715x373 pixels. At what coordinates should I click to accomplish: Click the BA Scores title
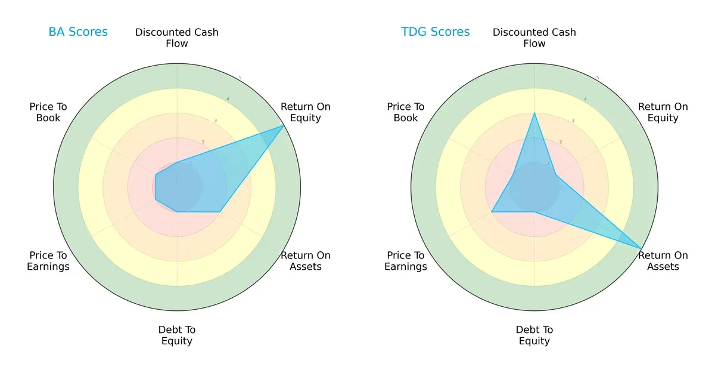[78, 32]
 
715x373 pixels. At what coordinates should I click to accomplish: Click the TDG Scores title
[436, 32]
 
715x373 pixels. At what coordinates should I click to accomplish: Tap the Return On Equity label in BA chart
[306, 112]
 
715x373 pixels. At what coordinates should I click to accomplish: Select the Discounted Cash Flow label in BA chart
[177, 38]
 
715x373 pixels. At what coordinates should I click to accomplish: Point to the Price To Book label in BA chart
[48, 112]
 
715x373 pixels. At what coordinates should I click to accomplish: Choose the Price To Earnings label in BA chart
[48, 261]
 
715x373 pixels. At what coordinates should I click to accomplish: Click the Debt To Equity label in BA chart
[177, 335]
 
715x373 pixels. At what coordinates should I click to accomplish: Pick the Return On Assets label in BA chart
[306, 261]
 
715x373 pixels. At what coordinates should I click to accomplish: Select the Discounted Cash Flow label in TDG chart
[534, 38]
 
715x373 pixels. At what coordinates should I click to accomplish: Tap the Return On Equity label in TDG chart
[663, 112]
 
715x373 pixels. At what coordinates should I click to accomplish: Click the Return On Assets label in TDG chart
[663, 261]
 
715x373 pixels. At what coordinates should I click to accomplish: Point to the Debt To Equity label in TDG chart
[534, 335]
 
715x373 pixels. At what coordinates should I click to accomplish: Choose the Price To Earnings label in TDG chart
[406, 261]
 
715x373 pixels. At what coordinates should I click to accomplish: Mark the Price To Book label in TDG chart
[406, 112]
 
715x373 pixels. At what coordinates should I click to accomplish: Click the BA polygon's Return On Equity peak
[284, 125]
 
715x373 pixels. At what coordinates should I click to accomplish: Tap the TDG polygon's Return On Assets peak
[641, 248]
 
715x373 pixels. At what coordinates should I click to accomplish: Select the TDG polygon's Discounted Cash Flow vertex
[534, 113]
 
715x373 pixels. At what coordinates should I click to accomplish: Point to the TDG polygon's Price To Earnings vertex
[492, 212]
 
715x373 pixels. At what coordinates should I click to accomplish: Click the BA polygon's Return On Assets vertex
[220, 212]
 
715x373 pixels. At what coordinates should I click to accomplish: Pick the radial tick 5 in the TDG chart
[598, 78]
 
